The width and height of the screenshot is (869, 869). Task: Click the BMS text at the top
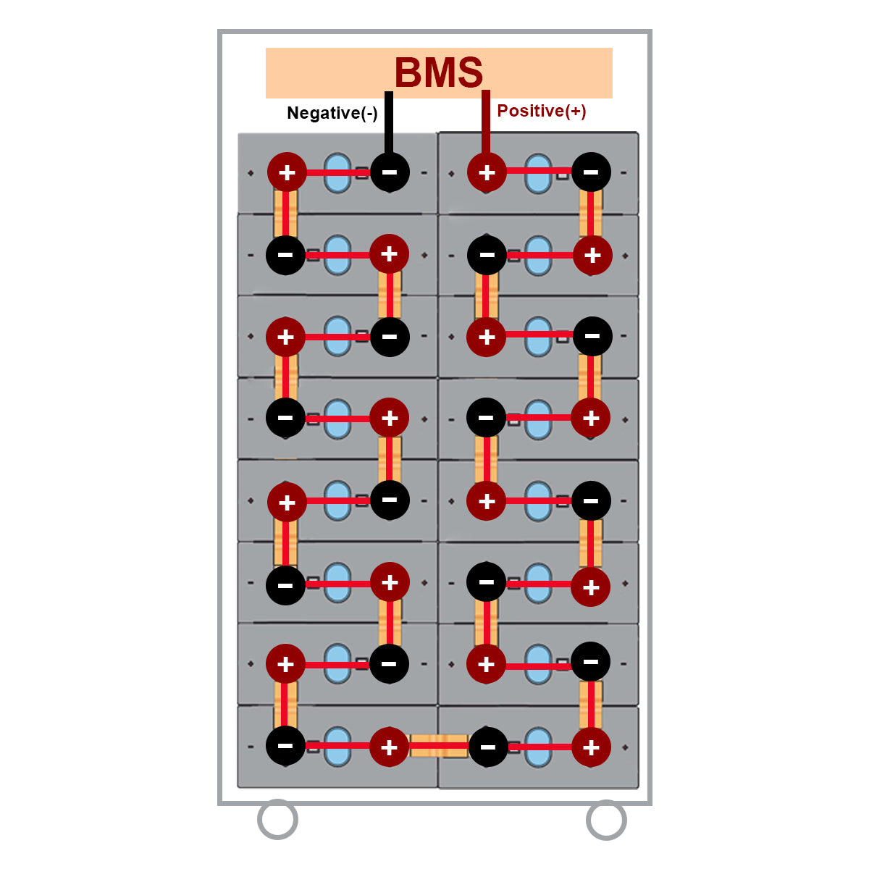[x=439, y=72]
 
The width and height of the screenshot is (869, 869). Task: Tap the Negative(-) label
[x=332, y=113]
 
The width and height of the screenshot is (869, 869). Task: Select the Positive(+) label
[x=542, y=111]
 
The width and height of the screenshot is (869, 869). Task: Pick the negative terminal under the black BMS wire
[x=390, y=172]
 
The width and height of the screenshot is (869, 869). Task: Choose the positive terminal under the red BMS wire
[x=487, y=172]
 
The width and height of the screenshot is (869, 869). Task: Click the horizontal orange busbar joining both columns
[x=439, y=746]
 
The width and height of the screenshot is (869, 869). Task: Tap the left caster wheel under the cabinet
[x=277, y=819]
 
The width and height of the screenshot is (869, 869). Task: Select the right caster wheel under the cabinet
[x=605, y=819]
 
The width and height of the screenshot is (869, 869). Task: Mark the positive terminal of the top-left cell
[x=287, y=172]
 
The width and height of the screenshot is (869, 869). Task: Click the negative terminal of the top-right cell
[x=591, y=172]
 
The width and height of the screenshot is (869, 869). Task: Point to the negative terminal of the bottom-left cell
[x=285, y=746]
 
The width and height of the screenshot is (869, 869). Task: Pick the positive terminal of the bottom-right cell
[x=591, y=747]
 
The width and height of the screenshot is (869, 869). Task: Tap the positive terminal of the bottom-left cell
[x=390, y=747]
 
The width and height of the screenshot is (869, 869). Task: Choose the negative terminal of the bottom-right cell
[x=488, y=747]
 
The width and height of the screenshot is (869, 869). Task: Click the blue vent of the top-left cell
[x=337, y=172]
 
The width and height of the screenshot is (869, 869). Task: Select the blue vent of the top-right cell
[x=538, y=173]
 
